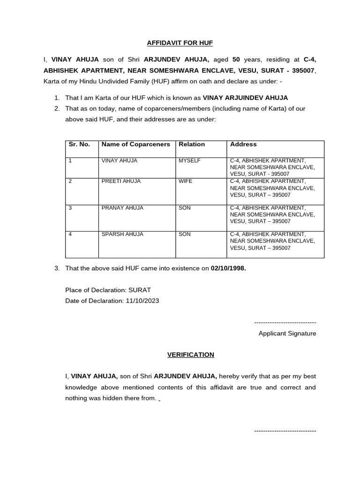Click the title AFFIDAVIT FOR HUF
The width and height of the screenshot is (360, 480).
[180, 43]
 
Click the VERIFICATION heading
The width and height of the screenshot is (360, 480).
[191, 354]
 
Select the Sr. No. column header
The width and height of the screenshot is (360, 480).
[79, 144]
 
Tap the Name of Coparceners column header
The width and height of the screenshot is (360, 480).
[135, 144]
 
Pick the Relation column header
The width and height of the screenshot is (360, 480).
[192, 144]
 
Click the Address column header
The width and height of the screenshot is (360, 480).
[243, 144]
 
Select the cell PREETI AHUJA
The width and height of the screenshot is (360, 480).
[121, 181]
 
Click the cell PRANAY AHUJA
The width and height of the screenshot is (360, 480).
[122, 208]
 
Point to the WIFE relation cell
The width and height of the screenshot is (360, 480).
[186, 181]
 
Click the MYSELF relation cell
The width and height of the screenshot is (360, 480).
[189, 160]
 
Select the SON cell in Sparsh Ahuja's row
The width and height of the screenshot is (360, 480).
[185, 234]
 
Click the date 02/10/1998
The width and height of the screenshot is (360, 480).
[228, 269]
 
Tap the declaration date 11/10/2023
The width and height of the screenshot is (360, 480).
[142, 300]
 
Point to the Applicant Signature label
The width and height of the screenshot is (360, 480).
[287, 333]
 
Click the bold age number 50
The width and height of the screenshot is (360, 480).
[236, 60]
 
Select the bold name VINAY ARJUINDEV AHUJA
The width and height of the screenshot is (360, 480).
[245, 97]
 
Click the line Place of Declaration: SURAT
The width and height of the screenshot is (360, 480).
[108, 290]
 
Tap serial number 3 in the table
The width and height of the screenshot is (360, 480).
[70, 208]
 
